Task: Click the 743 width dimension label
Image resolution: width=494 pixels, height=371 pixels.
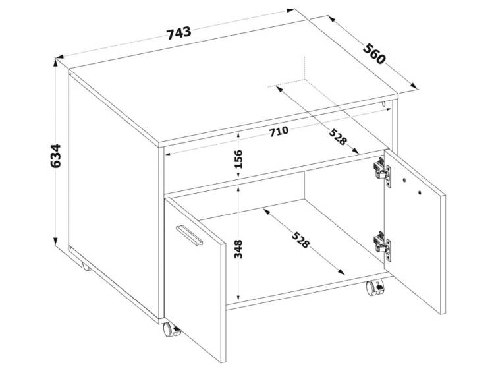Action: pyautogui.click(x=178, y=34)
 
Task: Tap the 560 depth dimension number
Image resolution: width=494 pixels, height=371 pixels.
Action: pyautogui.click(x=374, y=54)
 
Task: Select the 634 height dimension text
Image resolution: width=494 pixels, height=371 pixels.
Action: pyautogui.click(x=55, y=156)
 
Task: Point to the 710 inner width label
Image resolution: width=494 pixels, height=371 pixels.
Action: pyautogui.click(x=279, y=132)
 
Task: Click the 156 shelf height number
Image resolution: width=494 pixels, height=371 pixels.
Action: pyautogui.click(x=238, y=159)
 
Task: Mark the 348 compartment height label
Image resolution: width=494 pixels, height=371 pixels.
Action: pyautogui.click(x=238, y=249)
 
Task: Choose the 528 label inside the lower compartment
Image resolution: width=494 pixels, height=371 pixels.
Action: pyautogui.click(x=301, y=240)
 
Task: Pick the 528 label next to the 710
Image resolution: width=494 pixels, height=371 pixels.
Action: pyautogui.click(x=338, y=137)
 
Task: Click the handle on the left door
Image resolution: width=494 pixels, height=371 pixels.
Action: pyautogui.click(x=189, y=235)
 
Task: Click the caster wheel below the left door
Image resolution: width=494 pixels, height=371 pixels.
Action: pyautogui.click(x=171, y=330)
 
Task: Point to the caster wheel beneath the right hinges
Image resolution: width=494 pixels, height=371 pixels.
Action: pyautogui.click(x=375, y=287)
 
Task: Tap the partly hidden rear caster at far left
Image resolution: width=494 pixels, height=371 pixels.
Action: pyautogui.click(x=86, y=268)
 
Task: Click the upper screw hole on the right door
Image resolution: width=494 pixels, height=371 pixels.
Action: pyautogui.click(x=404, y=180)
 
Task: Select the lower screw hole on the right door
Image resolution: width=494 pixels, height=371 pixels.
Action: pyautogui.click(x=420, y=192)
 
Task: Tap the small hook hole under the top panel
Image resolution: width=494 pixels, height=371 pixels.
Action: pyautogui.click(x=383, y=103)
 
